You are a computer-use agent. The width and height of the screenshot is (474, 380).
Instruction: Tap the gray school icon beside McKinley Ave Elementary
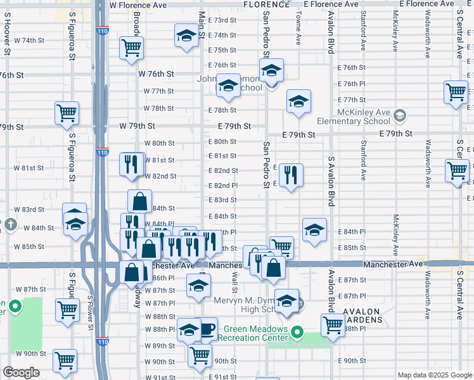[399, 115]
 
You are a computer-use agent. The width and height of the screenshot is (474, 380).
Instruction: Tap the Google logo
[21, 372]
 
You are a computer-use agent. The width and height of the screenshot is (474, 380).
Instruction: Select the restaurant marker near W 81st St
[131, 164]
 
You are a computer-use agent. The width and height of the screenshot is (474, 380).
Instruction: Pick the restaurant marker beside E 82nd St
[291, 175]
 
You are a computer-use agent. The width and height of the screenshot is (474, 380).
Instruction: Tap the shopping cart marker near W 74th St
[131, 47]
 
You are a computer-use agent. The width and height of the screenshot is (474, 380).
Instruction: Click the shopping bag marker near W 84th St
[139, 201]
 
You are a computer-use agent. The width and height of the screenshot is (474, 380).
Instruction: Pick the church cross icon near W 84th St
[10, 225]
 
